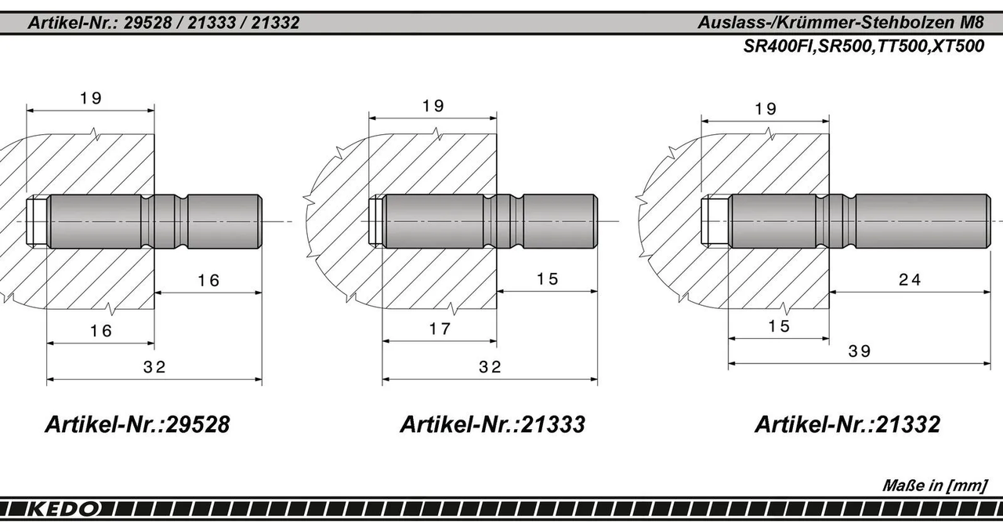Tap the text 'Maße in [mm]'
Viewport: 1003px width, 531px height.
tap(934, 486)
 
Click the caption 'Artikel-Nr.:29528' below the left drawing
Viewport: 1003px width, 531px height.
tap(137, 424)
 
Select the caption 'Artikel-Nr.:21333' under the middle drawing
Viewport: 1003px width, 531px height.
tap(492, 424)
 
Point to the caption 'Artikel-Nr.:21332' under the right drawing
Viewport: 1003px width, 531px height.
tap(847, 424)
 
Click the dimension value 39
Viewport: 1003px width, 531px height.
tap(860, 351)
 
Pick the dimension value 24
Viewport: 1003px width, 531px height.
tap(910, 279)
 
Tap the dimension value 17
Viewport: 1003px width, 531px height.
tap(440, 329)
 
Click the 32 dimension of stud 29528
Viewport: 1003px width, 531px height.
tap(155, 367)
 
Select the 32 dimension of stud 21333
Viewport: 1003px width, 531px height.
tap(490, 367)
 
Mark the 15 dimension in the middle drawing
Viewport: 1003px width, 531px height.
tap(548, 279)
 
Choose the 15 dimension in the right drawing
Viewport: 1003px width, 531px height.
tap(779, 326)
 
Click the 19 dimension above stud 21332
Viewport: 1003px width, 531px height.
tap(766, 109)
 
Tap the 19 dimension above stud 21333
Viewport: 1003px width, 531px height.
tap(433, 105)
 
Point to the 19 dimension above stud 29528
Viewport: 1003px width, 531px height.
tap(91, 98)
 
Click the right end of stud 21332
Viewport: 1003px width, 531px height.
tap(987, 221)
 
